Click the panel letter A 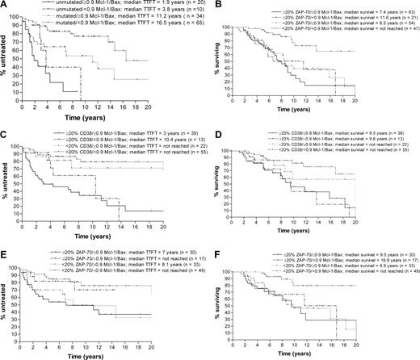[x=5, y=6]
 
